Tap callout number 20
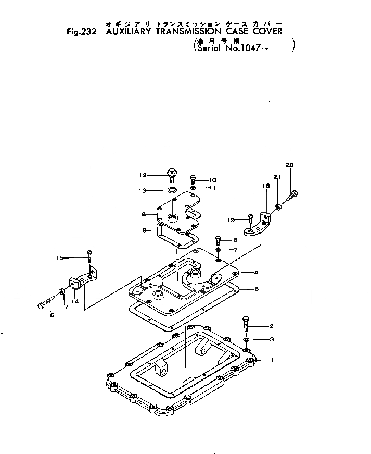[290, 165]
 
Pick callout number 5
[256, 289]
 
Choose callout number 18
[265, 185]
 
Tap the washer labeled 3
[246, 341]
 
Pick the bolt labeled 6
[218, 241]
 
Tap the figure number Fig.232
[83, 31]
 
